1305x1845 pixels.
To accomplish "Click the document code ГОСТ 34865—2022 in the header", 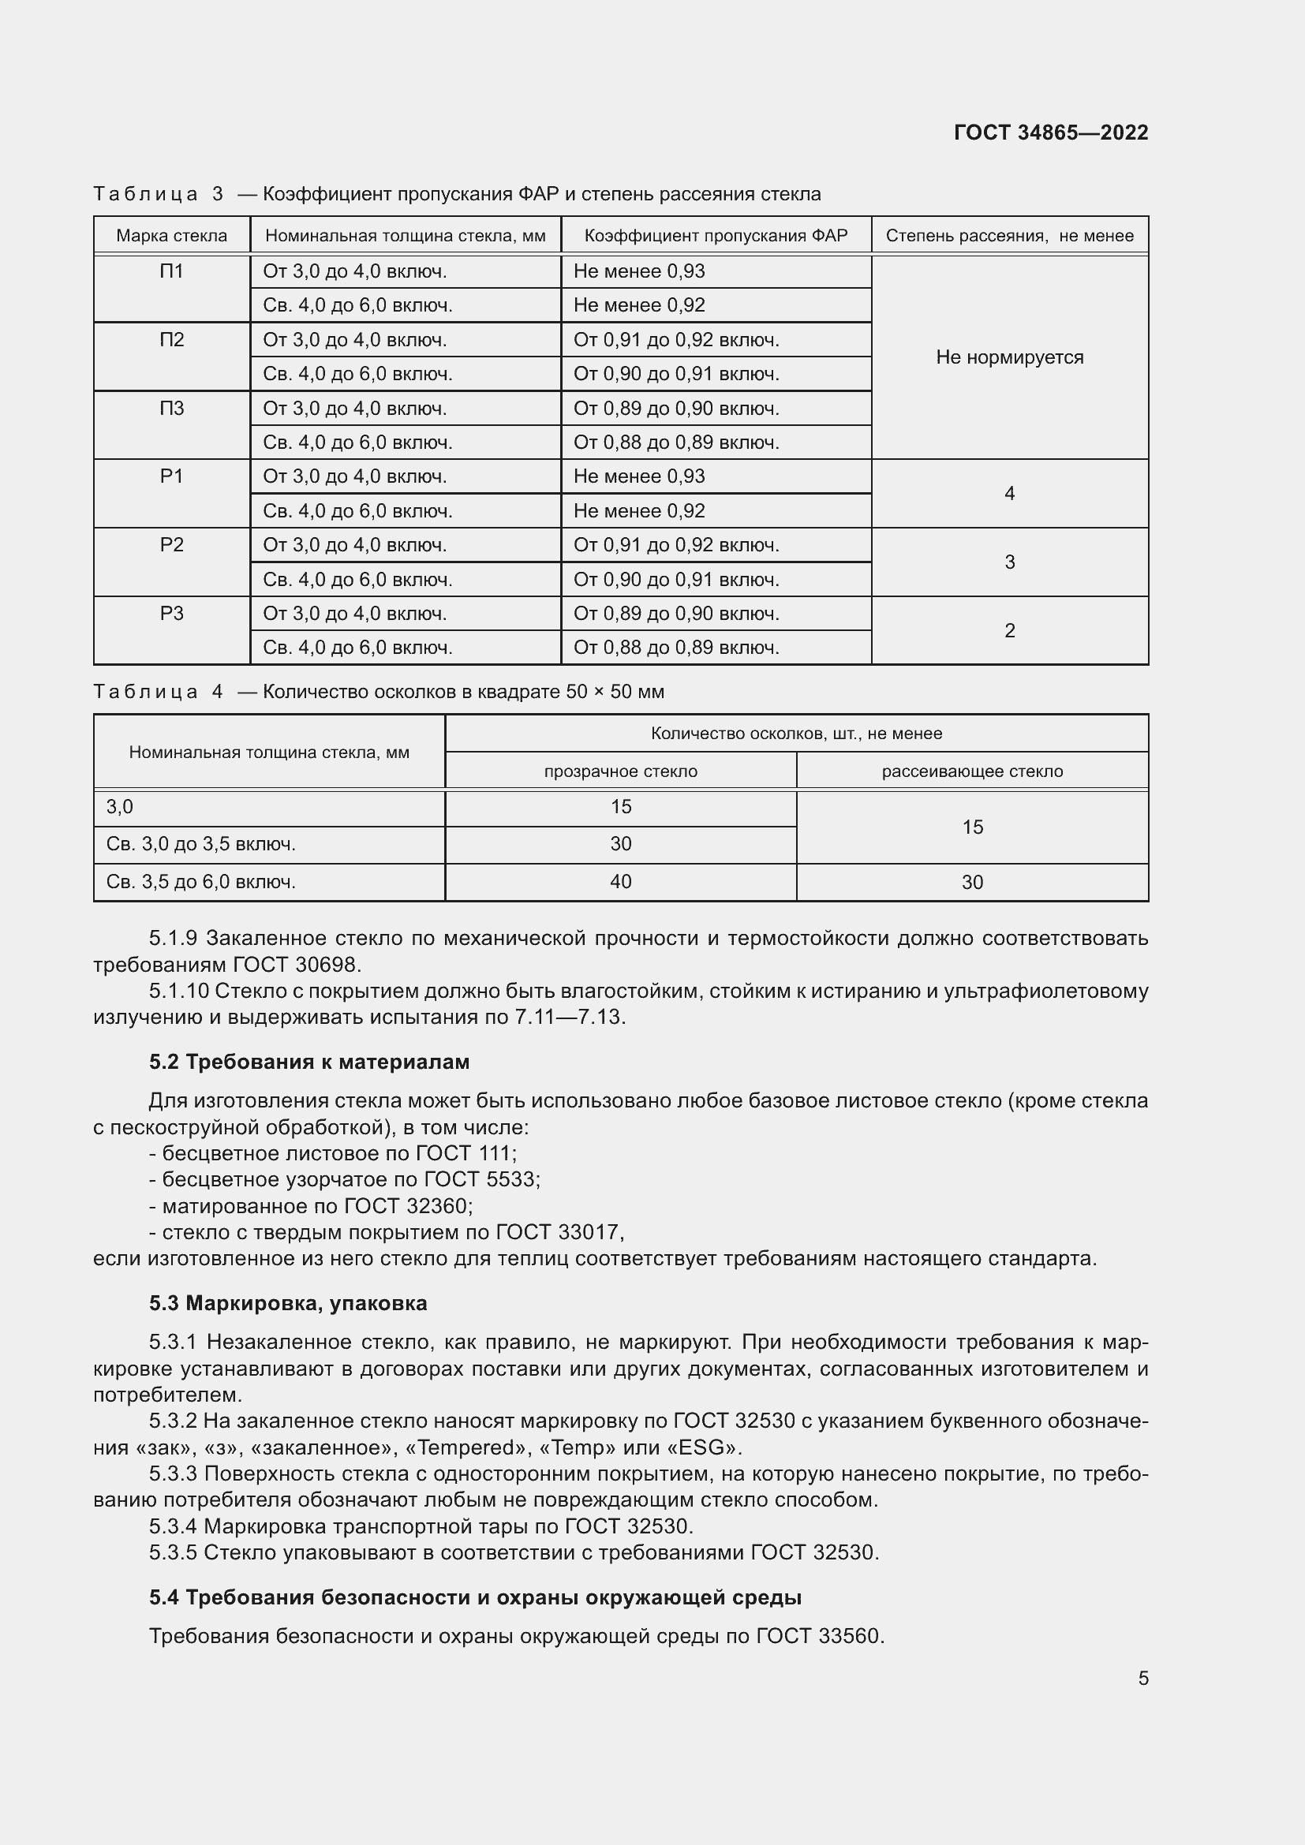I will (1050, 133).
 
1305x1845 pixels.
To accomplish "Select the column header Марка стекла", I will (171, 235).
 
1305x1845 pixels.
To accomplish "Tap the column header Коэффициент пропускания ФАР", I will (715, 235).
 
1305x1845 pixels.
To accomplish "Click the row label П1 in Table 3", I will (171, 271).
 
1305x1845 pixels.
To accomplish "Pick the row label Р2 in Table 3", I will (171, 545).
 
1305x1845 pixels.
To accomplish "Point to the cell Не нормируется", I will (1009, 357).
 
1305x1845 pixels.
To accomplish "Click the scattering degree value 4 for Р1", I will (1009, 493).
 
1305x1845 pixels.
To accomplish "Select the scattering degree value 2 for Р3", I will (1009, 631).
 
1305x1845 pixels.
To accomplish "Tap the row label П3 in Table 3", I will (171, 409).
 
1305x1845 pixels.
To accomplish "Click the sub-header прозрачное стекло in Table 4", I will (620, 771).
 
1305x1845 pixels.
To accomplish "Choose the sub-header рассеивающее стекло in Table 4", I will (971, 771).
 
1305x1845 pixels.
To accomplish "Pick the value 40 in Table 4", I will (620, 882).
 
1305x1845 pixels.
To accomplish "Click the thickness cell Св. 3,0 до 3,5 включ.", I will (201, 844).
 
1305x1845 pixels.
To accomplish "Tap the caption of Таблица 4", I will (379, 692).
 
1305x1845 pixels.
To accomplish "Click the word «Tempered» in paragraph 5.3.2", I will (455, 1448).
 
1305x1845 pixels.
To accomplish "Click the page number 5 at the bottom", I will (1142, 1679).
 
